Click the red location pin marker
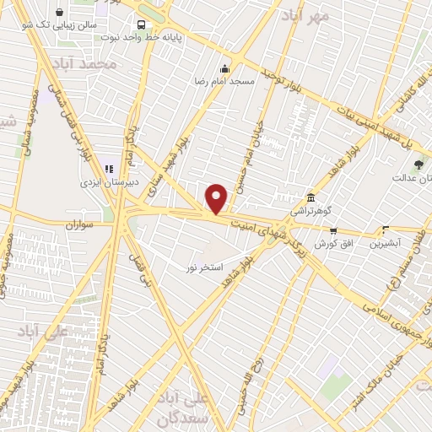pyautogui.click(x=217, y=198)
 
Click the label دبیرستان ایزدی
pyautogui.click(x=101, y=181)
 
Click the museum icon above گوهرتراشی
pyautogui.click(x=311, y=196)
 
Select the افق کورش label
pyautogui.click(x=332, y=243)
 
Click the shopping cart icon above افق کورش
pyautogui.click(x=333, y=230)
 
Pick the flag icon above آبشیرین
pyautogui.click(x=386, y=229)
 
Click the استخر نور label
pyautogui.click(x=205, y=267)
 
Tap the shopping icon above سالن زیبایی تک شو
pyautogui.click(x=61, y=13)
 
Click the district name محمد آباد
pyautogui.click(x=83, y=65)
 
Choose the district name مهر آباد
pyautogui.click(x=305, y=15)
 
